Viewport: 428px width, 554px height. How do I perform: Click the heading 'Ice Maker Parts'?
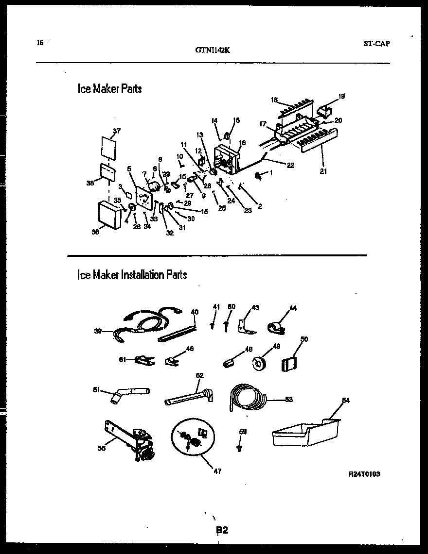pos(109,89)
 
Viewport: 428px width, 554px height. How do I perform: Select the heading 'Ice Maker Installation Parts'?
pos(132,275)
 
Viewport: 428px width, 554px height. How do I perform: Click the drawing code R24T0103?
pos(364,474)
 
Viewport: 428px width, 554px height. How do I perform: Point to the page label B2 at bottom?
pos(222,531)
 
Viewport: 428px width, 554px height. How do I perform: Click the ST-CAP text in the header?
pos(376,43)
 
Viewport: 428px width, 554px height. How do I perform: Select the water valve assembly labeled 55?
pos(131,440)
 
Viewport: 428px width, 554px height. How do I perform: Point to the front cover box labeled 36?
pos(109,215)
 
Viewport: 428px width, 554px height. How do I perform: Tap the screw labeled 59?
pos(239,447)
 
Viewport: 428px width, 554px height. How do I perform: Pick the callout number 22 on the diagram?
pos(290,165)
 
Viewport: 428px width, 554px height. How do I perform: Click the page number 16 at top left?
pos(40,42)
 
